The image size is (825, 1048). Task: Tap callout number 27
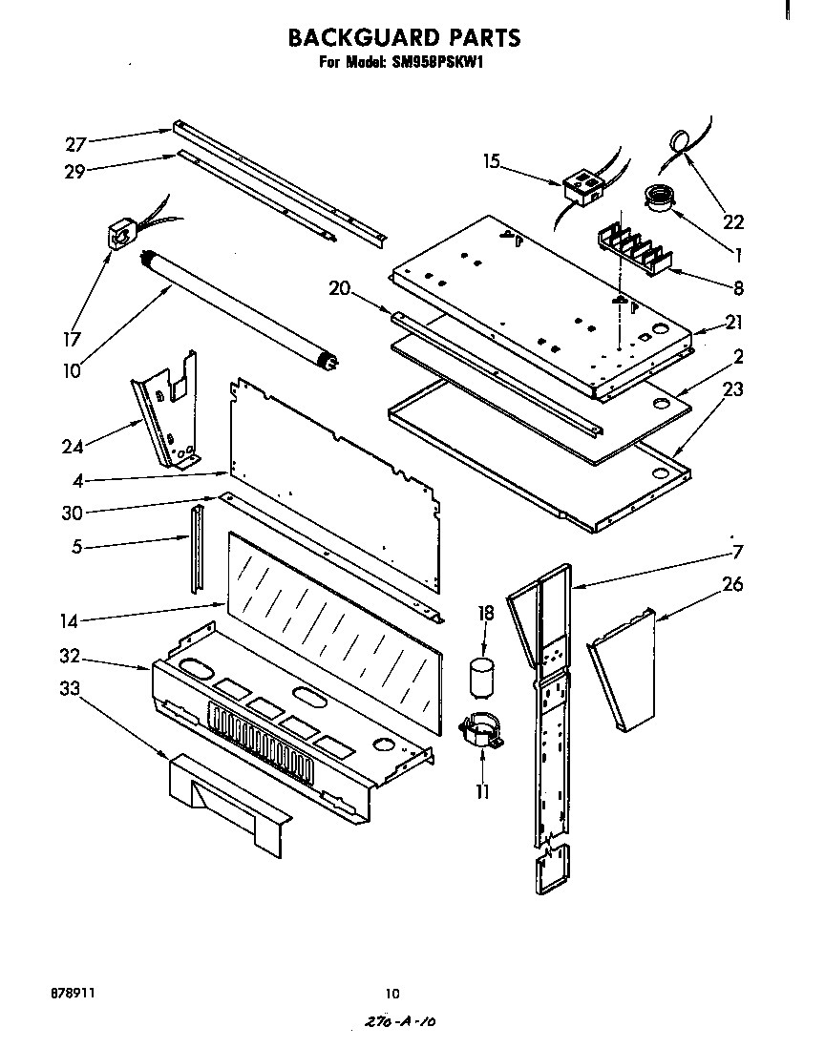coord(75,145)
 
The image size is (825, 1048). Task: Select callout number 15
coord(491,162)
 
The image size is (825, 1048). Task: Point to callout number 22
coord(732,221)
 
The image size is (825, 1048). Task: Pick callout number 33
coord(70,687)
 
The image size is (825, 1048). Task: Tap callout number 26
coord(731,584)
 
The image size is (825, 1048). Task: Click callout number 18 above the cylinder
coord(485,614)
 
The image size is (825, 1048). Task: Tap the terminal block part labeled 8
coord(632,250)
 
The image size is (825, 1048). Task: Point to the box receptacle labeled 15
coord(582,186)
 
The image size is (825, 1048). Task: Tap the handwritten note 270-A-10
coord(400,1021)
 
